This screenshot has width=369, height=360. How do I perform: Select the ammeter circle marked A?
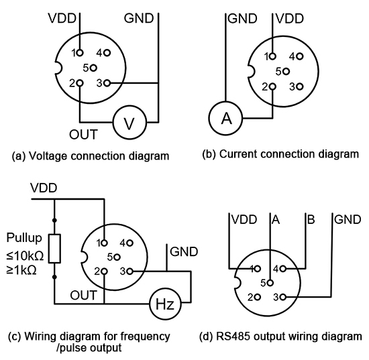[227, 119]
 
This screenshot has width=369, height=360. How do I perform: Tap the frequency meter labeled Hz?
[164, 304]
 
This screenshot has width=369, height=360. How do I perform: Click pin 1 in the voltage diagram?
[80, 52]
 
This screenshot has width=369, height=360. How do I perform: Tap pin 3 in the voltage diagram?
[107, 82]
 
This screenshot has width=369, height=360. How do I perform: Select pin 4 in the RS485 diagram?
[284, 268]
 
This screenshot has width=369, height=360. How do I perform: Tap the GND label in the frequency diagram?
[184, 252]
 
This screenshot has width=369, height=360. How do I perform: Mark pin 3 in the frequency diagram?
[129, 272]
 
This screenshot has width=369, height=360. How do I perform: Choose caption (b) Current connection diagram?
[280, 154]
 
